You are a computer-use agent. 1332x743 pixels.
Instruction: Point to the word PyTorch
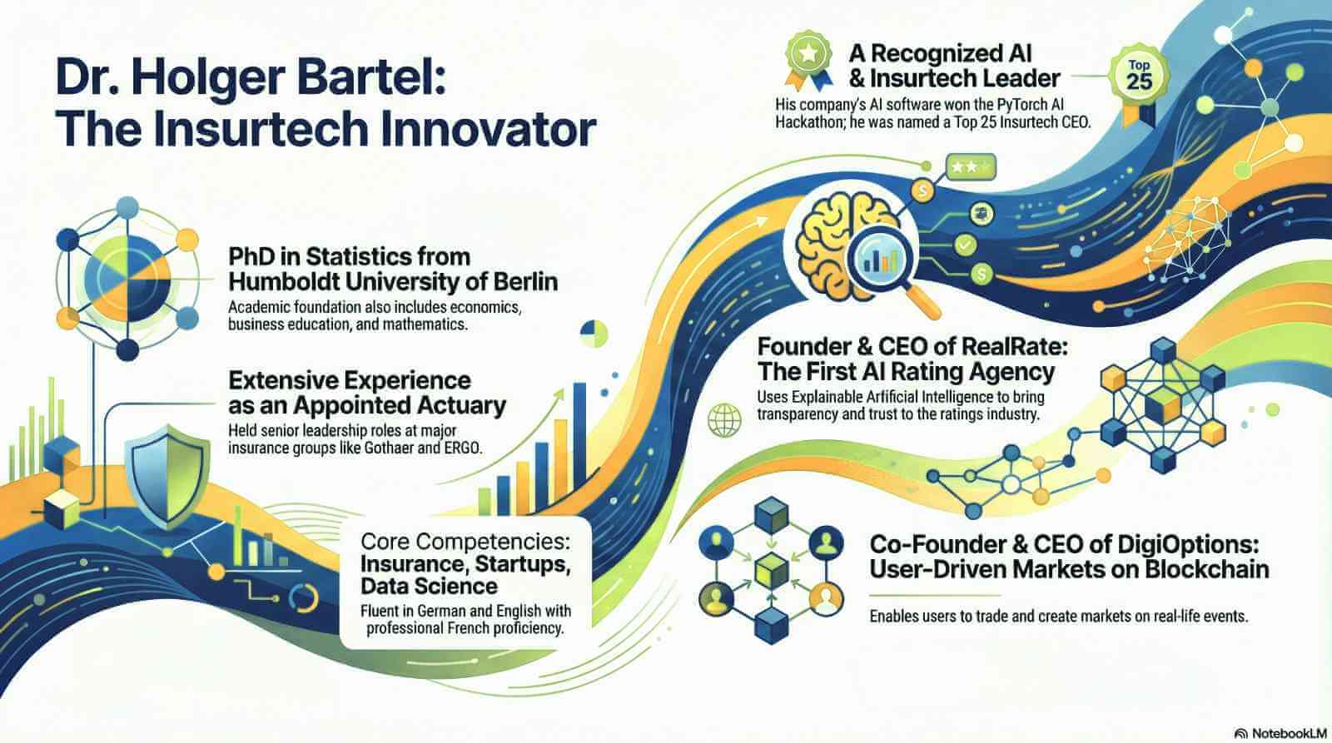pos(1018,105)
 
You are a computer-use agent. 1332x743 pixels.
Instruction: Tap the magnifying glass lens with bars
pos(879,257)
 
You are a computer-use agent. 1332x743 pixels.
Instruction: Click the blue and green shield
pos(168,477)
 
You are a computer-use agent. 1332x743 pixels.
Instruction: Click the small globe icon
pos(724,420)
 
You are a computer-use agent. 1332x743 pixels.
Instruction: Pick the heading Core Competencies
pos(465,542)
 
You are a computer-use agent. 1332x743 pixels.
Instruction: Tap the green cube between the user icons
pos(771,570)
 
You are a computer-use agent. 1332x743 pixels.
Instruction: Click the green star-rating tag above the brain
pos(971,167)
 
